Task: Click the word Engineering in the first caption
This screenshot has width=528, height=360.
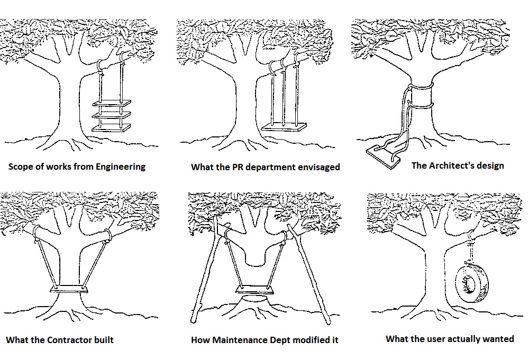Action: (121, 167)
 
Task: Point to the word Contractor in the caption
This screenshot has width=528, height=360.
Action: (69, 340)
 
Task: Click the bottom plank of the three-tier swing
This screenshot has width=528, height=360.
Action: (111, 128)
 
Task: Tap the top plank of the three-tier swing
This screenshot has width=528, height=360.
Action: (111, 103)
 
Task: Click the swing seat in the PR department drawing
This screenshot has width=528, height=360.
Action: (284, 127)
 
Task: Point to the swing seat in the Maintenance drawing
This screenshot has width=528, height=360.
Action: (254, 290)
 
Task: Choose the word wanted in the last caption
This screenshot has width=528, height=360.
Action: (498, 339)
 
